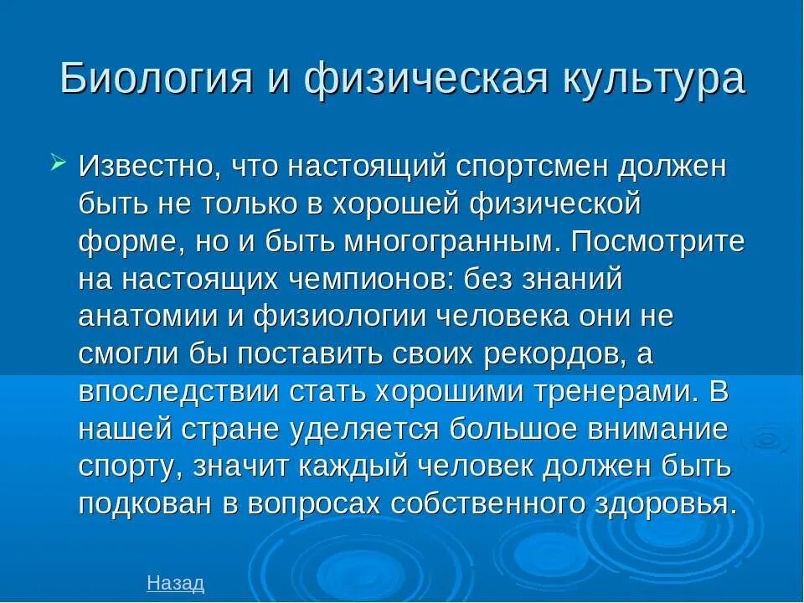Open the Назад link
click(175, 583)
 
